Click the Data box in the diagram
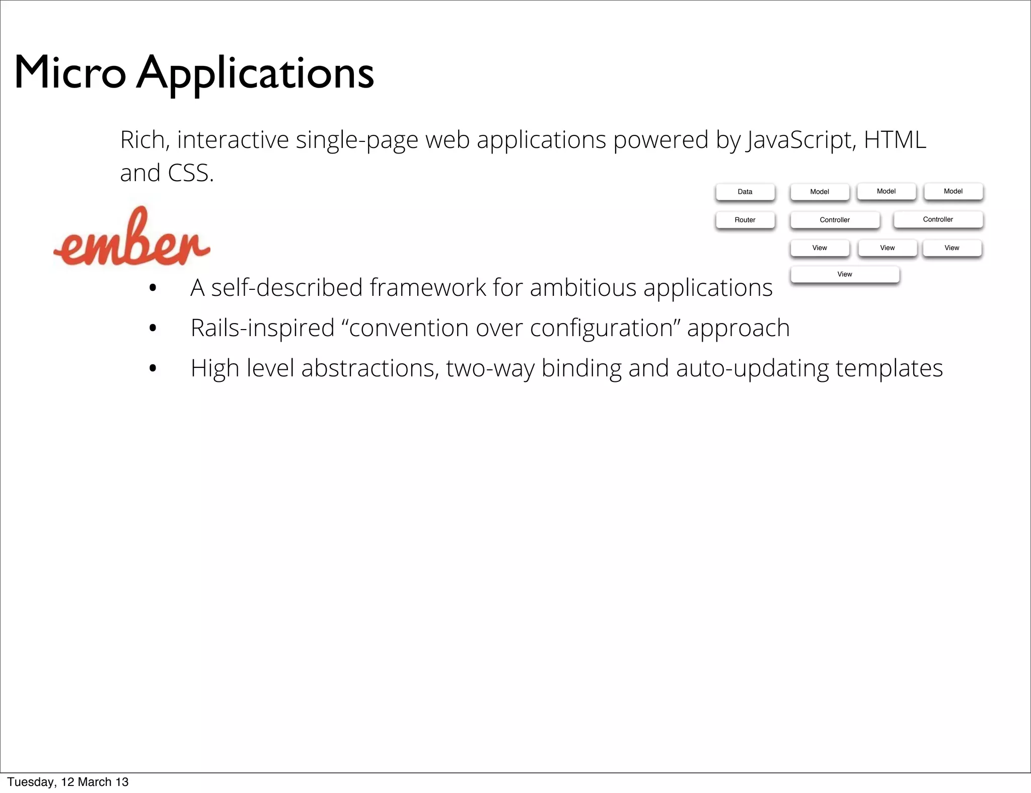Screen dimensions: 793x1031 [745, 192]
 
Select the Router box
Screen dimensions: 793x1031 [745, 220]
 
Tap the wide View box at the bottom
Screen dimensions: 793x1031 [844, 274]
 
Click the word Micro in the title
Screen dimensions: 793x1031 [69, 73]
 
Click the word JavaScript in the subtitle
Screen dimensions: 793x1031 [800, 140]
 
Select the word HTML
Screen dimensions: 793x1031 [895, 140]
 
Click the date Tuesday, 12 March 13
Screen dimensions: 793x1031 [68, 782]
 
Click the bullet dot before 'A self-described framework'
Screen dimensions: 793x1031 [153, 288]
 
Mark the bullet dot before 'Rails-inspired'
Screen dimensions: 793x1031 [153, 329]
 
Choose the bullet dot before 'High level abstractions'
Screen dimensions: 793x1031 [153, 369]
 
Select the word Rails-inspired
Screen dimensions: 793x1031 [262, 328]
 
